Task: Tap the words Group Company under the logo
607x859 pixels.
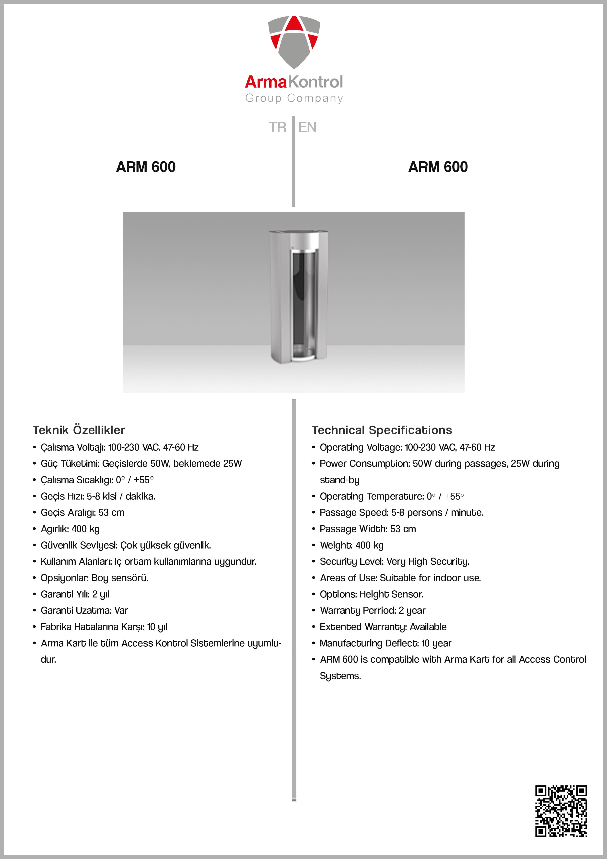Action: [294, 98]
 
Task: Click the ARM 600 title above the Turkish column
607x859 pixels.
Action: [146, 167]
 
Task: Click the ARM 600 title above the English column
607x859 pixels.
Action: [438, 167]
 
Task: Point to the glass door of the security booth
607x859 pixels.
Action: [304, 303]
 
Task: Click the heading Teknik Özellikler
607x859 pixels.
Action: [79, 430]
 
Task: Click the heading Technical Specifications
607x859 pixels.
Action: [382, 430]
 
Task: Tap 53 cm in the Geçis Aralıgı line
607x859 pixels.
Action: [111, 513]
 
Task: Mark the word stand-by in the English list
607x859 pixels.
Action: [339, 480]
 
